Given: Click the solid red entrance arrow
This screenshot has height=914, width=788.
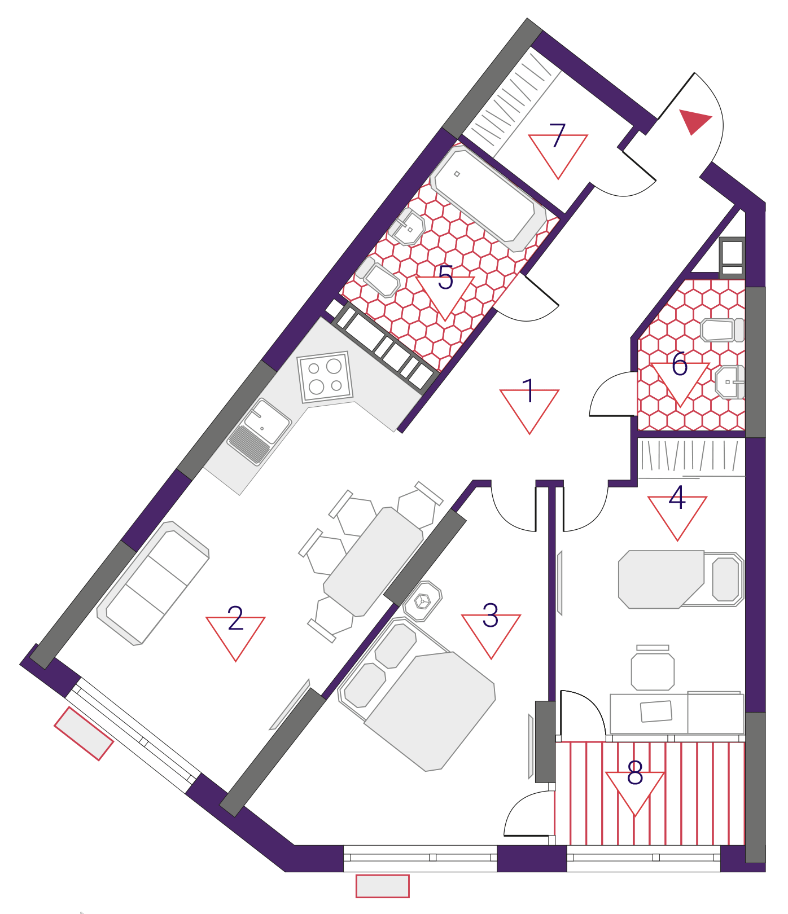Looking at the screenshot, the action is [x=694, y=121].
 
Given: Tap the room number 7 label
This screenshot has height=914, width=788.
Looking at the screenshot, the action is [x=557, y=135].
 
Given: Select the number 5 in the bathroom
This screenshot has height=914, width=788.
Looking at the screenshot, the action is [x=445, y=278].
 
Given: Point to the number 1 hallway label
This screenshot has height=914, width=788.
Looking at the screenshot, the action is [x=529, y=391].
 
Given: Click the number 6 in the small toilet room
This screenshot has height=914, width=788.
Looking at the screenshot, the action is [x=680, y=364].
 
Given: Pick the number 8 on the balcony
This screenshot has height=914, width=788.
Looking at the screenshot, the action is [x=635, y=773].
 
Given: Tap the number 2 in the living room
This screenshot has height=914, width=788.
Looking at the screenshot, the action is [x=235, y=618].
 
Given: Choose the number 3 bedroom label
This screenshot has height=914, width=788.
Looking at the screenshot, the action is [x=491, y=616].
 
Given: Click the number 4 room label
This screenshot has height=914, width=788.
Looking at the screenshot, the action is [x=677, y=498].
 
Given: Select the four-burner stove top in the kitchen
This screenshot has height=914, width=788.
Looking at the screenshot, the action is [x=325, y=377].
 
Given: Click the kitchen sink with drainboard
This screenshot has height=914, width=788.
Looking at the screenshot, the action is [x=259, y=432].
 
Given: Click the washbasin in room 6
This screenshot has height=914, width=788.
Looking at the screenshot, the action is [x=730, y=382].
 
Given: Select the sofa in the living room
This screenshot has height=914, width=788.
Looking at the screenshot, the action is [x=153, y=583].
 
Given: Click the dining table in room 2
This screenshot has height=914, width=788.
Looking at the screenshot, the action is [x=373, y=562].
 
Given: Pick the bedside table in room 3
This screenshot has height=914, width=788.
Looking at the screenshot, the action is [x=422, y=601].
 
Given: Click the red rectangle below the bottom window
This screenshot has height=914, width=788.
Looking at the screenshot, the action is [x=382, y=886].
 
